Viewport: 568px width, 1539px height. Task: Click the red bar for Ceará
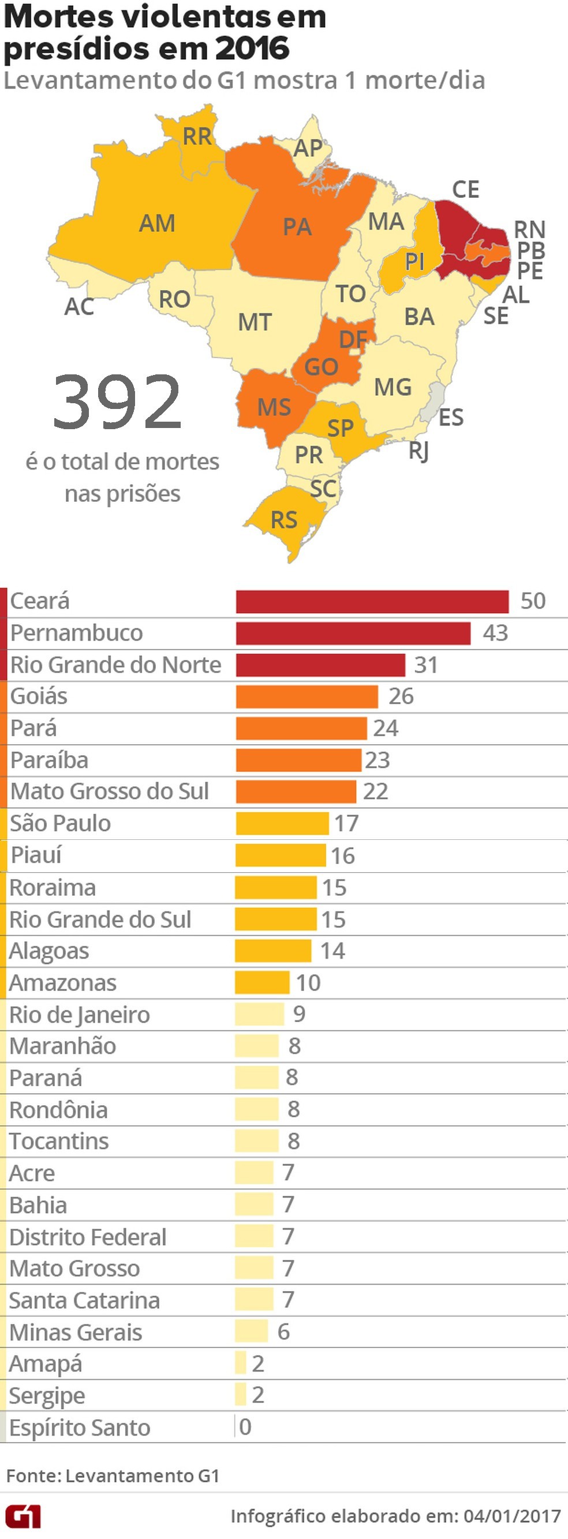(372, 602)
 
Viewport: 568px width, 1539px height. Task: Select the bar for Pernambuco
(353, 633)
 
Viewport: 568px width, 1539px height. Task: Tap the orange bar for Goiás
(307, 697)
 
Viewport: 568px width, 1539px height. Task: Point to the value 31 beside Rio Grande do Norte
(425, 665)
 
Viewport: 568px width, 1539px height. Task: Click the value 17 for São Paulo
(346, 823)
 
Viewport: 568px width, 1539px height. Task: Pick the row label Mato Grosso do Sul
(110, 791)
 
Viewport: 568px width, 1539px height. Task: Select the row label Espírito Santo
(80, 1428)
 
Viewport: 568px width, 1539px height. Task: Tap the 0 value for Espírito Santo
(245, 1427)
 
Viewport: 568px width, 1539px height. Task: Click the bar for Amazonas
(262, 983)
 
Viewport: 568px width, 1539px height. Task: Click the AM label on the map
(157, 223)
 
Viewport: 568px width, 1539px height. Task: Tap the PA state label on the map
(297, 227)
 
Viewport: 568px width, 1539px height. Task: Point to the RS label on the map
(284, 520)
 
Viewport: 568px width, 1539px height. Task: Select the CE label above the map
(466, 190)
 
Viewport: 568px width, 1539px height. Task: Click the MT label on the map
(255, 322)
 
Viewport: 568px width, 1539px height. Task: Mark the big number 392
(117, 402)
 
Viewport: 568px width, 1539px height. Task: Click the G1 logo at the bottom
(23, 1517)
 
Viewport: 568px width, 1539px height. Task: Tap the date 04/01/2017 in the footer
(512, 1517)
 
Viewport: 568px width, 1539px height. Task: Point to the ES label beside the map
(451, 418)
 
